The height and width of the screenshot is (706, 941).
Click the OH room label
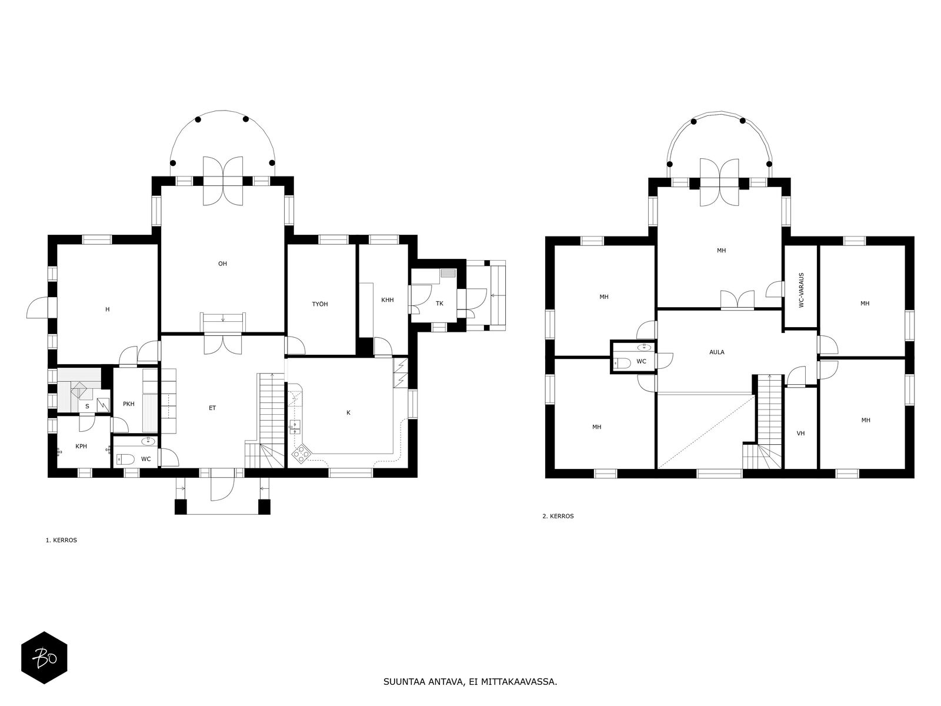[222, 264]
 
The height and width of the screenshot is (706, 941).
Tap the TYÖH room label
[320, 304]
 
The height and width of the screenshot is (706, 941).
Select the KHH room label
[387, 300]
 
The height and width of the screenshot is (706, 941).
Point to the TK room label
[439, 304]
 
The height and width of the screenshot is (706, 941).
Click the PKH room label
[129, 404]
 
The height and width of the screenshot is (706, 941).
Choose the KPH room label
[81, 446]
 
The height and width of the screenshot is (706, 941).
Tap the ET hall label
[212, 408]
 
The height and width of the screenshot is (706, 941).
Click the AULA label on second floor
[717, 352]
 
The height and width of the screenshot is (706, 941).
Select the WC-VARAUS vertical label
[801, 290]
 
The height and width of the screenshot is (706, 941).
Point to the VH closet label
[800, 434]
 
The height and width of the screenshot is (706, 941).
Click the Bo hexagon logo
[44, 658]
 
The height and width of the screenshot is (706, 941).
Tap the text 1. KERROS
[61, 540]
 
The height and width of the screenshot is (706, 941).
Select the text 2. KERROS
[558, 516]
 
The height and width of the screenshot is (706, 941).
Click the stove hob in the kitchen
[301, 454]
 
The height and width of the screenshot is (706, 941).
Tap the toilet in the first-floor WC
[125, 459]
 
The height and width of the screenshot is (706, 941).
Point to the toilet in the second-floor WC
[623, 363]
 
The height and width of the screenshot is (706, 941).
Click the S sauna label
[87, 406]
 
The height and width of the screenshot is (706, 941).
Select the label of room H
[107, 309]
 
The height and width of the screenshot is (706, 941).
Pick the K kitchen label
[348, 413]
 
